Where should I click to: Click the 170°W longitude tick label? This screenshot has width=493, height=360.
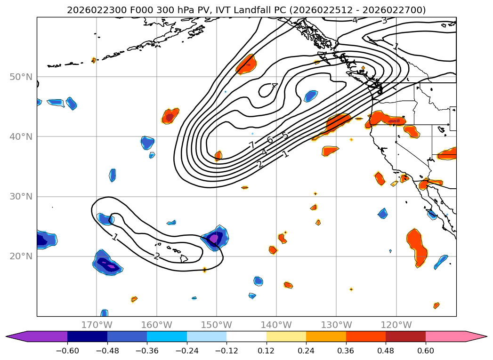(x=97, y=325)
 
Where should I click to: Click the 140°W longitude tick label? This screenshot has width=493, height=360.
(x=276, y=325)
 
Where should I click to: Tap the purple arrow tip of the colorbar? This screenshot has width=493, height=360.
(x=13, y=336)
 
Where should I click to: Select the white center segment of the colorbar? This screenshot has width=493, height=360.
(x=246, y=336)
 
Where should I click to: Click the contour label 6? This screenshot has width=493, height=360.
(x=270, y=140)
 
